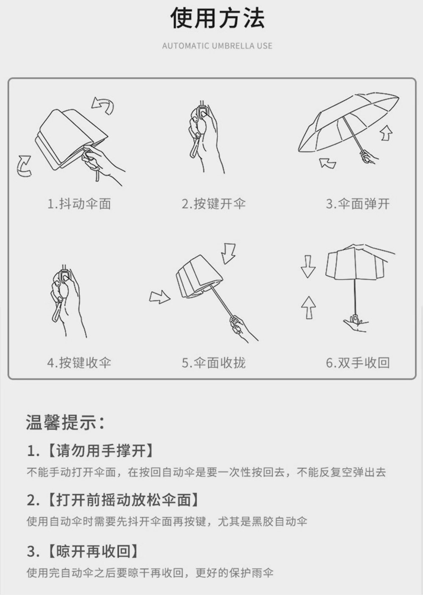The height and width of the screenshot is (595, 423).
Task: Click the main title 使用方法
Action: tap(217, 19)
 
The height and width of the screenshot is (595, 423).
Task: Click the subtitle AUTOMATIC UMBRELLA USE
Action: tap(217, 46)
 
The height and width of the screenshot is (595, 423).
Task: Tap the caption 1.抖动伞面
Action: tap(79, 204)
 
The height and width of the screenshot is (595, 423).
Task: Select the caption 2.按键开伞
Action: tap(214, 204)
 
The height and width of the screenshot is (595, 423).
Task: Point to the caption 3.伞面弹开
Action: tap(357, 204)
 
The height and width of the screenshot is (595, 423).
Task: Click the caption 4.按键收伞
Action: tap(79, 363)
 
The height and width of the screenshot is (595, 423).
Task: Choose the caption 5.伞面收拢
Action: tap(214, 363)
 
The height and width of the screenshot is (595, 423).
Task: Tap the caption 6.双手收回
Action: tap(357, 363)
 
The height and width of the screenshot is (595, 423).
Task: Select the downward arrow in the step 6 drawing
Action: tap(308, 266)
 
